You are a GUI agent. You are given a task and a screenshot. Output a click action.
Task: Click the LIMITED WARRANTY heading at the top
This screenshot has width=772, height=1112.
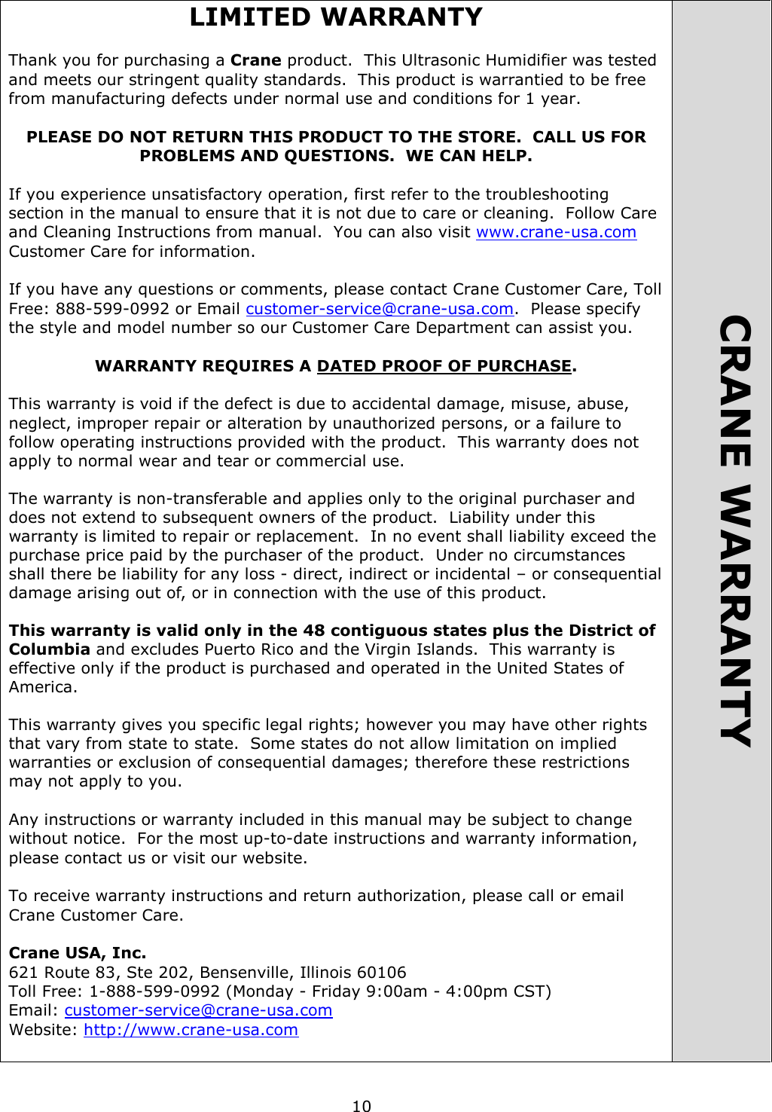[336, 17]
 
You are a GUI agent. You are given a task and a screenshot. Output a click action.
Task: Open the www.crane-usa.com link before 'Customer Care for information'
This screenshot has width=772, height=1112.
[556, 232]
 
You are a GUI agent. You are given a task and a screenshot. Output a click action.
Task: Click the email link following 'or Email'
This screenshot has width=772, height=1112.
[379, 309]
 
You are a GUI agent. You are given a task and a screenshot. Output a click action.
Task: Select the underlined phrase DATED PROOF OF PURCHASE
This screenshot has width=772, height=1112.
[444, 366]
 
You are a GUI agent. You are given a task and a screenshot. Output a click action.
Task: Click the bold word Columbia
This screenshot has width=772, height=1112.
[50, 649]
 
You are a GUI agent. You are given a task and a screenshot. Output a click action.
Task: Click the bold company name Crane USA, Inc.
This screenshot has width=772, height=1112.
[78, 953]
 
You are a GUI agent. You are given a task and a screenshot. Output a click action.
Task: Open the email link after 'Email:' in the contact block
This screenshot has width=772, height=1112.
[198, 1010]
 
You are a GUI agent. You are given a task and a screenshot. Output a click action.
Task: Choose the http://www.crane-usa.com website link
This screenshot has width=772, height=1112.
[191, 1030]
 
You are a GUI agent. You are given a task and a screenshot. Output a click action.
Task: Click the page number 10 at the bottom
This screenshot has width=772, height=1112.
[362, 1106]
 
